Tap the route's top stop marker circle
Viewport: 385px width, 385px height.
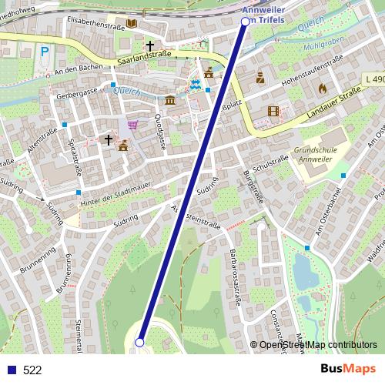[x=246, y=22]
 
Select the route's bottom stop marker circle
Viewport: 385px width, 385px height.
[x=140, y=342]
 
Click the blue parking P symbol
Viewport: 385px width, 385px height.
[x=45, y=52]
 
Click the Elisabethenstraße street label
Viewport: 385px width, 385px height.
[x=95, y=22]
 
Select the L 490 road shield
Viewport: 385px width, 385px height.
[x=375, y=79]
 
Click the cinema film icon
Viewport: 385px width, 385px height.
[x=274, y=111]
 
